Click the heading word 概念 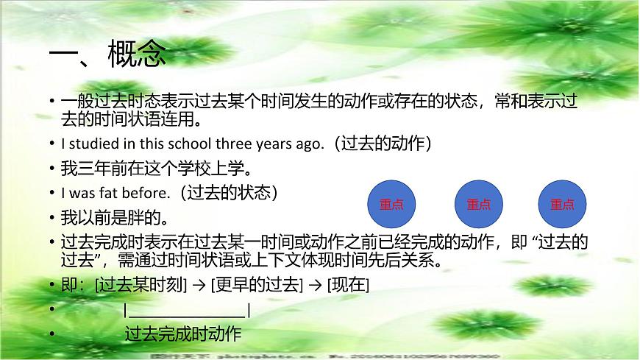pyautogui.click(x=137, y=54)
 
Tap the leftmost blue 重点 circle pyautogui.click(x=391, y=204)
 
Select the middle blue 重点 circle pyautogui.click(x=478, y=204)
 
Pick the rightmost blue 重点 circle pyautogui.click(x=563, y=204)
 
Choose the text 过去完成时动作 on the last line pyautogui.click(x=183, y=334)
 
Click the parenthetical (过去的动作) pyautogui.click(x=383, y=143)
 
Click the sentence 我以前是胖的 pyautogui.click(x=115, y=218)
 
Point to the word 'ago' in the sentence pyautogui.click(x=309, y=144)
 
